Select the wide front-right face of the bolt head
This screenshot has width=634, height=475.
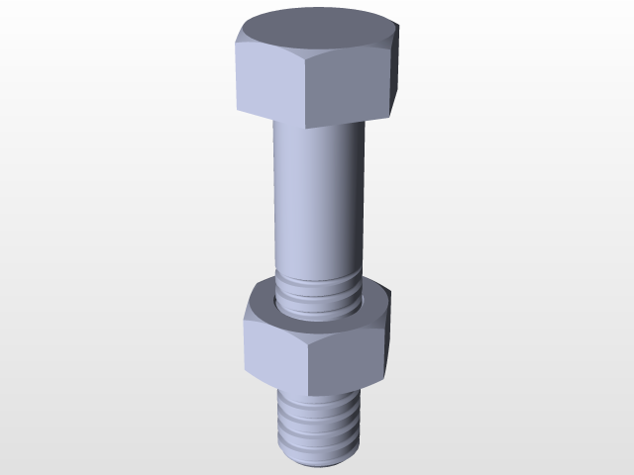tap(347, 87)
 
